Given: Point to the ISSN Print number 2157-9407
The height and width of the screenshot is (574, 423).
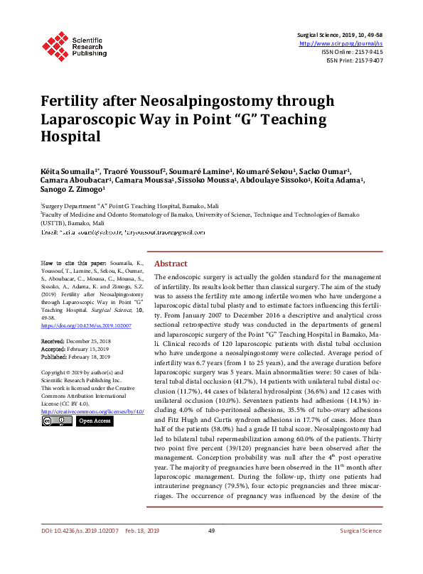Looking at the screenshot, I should (367, 61).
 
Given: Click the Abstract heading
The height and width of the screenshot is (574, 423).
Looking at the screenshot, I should (171, 262).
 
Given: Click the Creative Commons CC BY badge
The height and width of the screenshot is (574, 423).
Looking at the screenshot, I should (57, 421).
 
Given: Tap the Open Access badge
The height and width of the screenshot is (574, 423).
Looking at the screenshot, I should (95, 421).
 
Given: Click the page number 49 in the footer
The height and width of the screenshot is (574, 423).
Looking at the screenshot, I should (211, 551).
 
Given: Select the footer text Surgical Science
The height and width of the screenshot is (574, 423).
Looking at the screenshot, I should (360, 551).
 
